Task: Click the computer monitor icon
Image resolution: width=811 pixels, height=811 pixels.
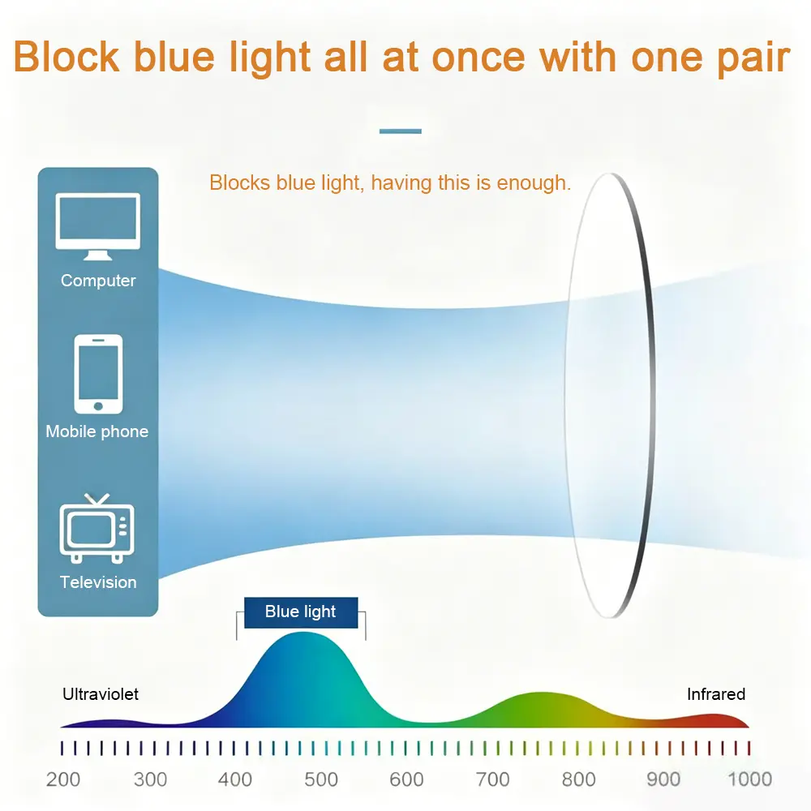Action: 98,226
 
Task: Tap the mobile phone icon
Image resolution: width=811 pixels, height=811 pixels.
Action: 98,374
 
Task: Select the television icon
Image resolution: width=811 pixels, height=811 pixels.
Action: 97,528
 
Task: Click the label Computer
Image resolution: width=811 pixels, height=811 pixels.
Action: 98,281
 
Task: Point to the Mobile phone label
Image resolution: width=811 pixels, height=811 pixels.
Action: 97,431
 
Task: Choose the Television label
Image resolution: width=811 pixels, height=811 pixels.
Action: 98,582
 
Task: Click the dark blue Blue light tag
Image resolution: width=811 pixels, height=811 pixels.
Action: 301,612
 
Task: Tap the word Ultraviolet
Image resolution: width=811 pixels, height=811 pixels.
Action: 101,694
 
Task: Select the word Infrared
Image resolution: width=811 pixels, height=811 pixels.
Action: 716,694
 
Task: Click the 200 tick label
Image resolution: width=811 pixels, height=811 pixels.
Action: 63,779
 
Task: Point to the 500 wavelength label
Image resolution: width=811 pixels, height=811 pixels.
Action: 321,779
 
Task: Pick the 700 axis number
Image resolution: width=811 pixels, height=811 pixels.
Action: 493,779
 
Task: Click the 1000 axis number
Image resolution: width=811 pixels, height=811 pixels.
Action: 750,779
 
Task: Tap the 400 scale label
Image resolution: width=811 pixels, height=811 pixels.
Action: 235,779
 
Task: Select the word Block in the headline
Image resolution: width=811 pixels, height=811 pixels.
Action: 67,57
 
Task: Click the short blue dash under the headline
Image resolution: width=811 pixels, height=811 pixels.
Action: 401,131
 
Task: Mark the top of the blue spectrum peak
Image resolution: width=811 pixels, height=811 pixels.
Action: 303,633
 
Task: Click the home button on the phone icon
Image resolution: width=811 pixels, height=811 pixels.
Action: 98,406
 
